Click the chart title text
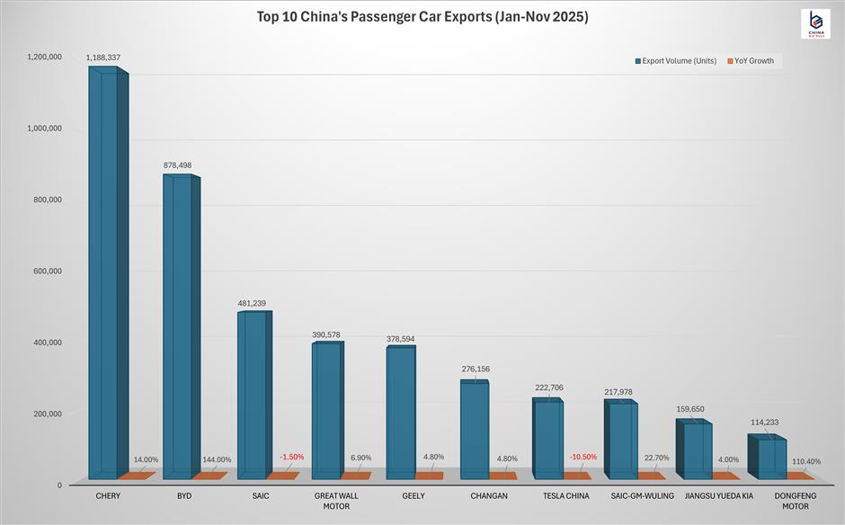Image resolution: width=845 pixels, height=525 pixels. [x=422, y=16]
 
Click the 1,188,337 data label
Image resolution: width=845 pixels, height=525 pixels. [x=103, y=58]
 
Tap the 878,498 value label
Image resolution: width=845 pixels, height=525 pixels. [x=176, y=165]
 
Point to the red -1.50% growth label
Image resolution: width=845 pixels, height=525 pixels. [x=292, y=458]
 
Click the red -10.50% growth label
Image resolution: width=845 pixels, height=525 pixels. [x=583, y=458]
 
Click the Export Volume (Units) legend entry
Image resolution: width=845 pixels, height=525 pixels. [x=675, y=61]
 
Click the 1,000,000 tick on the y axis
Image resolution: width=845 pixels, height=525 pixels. [x=43, y=128]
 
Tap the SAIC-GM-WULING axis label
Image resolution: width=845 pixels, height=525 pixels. [x=643, y=496]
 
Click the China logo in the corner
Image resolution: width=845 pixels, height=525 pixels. [x=814, y=24]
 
